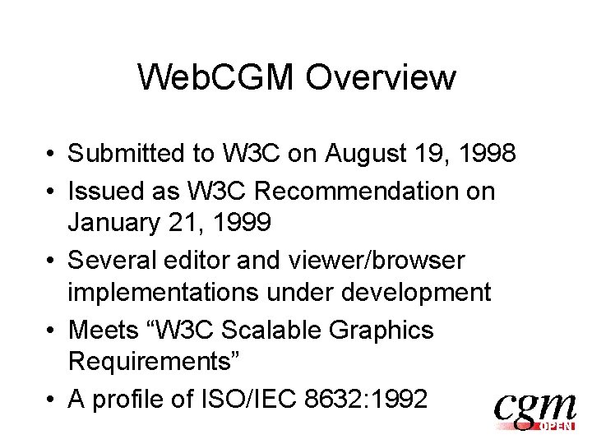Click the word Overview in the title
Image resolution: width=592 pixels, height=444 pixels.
pos(381,78)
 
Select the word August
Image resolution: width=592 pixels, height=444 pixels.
pos(358,154)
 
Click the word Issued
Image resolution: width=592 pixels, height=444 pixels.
pos(103,192)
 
